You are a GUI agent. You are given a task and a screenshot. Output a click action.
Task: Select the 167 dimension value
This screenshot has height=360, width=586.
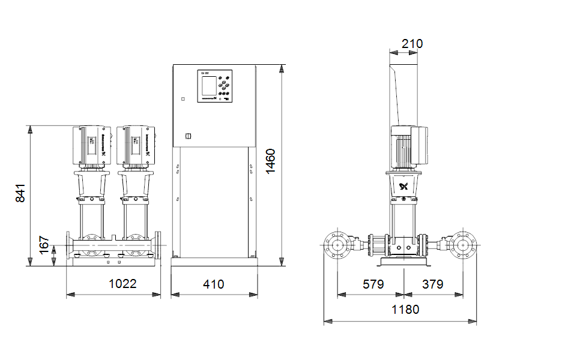pyautogui.click(x=44, y=245)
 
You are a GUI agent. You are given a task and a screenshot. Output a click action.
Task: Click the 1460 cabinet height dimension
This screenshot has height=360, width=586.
pyautogui.click(x=271, y=161)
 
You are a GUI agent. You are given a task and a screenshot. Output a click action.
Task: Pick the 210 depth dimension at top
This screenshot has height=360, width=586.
pyautogui.click(x=412, y=44)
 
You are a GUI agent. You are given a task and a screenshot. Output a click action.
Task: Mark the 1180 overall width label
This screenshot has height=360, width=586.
pyautogui.click(x=405, y=310)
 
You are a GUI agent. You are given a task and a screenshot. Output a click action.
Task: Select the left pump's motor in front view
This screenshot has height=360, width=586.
pyautogui.click(x=90, y=146)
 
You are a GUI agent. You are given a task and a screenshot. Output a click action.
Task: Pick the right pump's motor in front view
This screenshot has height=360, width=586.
pyautogui.click(x=136, y=146)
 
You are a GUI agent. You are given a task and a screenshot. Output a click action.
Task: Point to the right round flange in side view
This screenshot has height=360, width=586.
pyautogui.click(x=464, y=245)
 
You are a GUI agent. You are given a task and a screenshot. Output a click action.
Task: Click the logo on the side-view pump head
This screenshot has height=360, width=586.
pyautogui.click(x=404, y=187)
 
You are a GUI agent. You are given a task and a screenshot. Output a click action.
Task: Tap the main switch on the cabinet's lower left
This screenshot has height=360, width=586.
pyautogui.click(x=187, y=136)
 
